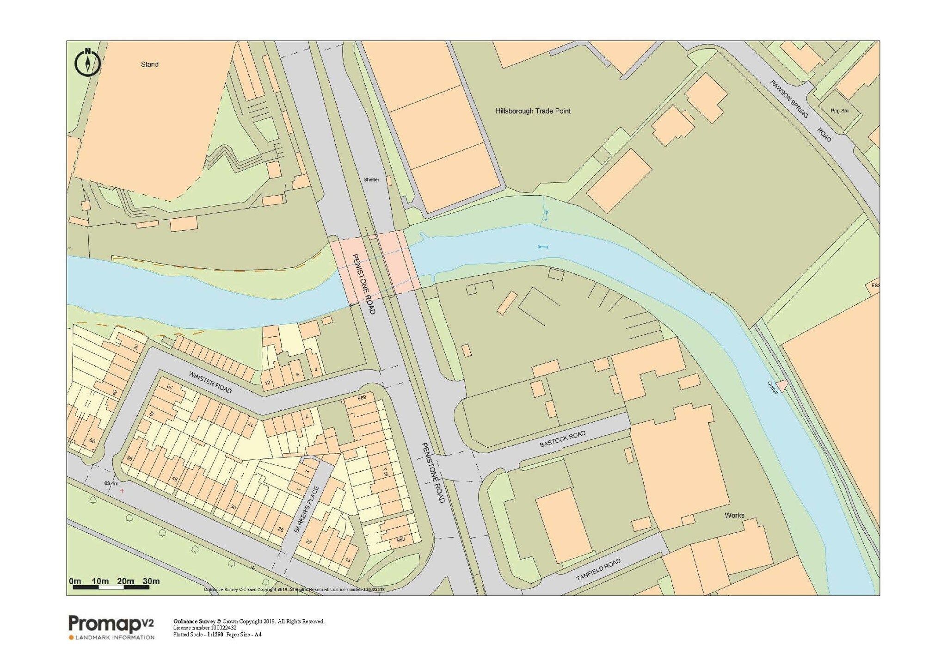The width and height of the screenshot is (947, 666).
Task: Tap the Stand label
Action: coord(149,64)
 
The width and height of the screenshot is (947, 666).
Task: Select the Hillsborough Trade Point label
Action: coord(533,111)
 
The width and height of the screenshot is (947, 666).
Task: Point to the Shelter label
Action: coord(371,179)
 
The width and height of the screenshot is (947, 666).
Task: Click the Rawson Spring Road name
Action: coord(800,111)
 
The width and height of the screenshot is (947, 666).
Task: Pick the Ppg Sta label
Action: coord(839,111)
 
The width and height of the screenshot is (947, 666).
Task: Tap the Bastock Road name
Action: coord(562,439)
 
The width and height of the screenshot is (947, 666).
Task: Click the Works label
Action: coord(734,515)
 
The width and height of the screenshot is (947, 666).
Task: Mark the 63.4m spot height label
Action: coord(111,483)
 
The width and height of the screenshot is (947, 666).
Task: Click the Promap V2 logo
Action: coord(111,627)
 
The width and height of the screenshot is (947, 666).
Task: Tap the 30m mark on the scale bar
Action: coord(151,581)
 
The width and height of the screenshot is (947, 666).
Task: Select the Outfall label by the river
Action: coord(772,387)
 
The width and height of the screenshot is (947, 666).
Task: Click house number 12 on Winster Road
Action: coord(267,383)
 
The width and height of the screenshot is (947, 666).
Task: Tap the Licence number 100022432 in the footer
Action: coord(205,628)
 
